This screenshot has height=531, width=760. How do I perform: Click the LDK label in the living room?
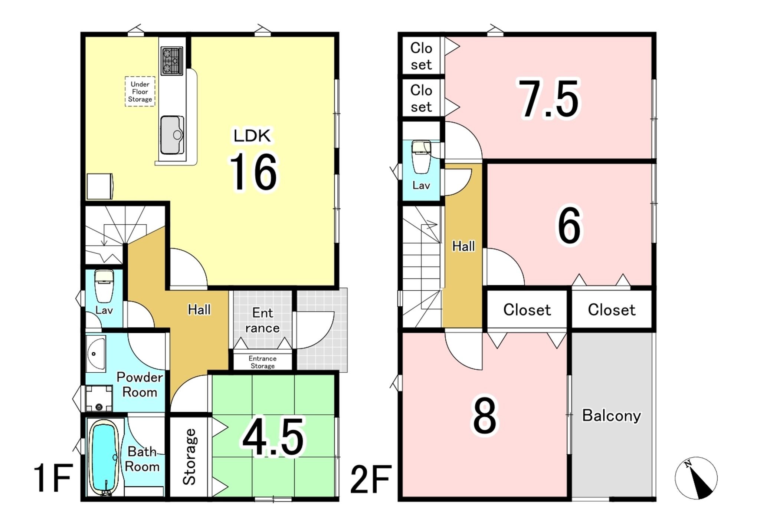point(252,136)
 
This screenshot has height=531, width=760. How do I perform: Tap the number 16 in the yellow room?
point(254,172)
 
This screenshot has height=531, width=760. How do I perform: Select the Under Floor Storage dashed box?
point(140,92)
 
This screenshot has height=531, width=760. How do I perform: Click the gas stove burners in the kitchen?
point(172,60)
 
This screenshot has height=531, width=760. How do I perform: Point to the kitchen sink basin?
point(172,135)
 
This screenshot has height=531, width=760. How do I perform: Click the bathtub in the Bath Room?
point(104,458)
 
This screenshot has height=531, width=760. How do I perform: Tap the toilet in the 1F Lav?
point(104,286)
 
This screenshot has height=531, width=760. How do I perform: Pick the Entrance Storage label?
point(262,362)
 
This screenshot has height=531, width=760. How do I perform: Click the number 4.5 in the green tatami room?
point(273,436)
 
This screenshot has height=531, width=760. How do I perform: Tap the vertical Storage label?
point(189,456)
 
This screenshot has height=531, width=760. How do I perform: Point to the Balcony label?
point(611,416)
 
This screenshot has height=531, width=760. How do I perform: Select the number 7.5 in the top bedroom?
point(548,99)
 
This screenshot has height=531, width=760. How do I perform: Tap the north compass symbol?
point(696,478)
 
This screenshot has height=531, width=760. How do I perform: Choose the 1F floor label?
point(53,478)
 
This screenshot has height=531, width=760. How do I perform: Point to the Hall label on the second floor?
point(463,246)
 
